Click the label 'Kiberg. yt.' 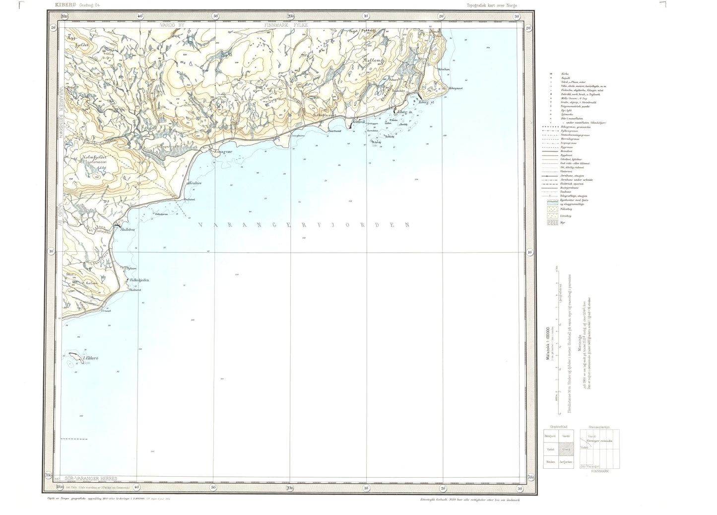pyautogui.click(x=426, y=102)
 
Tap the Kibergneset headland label pyautogui.click(x=456, y=88)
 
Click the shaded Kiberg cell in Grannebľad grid pyautogui.click(x=566, y=449)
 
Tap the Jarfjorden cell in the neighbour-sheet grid pyautogui.click(x=566, y=462)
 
